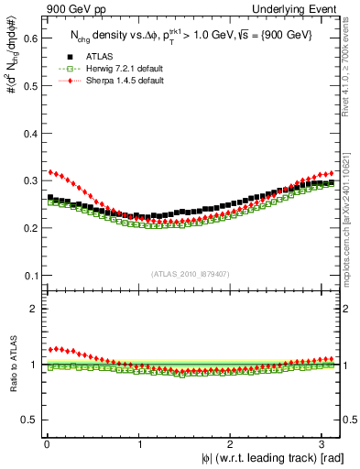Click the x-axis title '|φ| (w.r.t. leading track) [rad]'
(262, 458)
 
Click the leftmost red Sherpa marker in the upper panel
(50, 171)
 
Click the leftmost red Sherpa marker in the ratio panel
(50, 349)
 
